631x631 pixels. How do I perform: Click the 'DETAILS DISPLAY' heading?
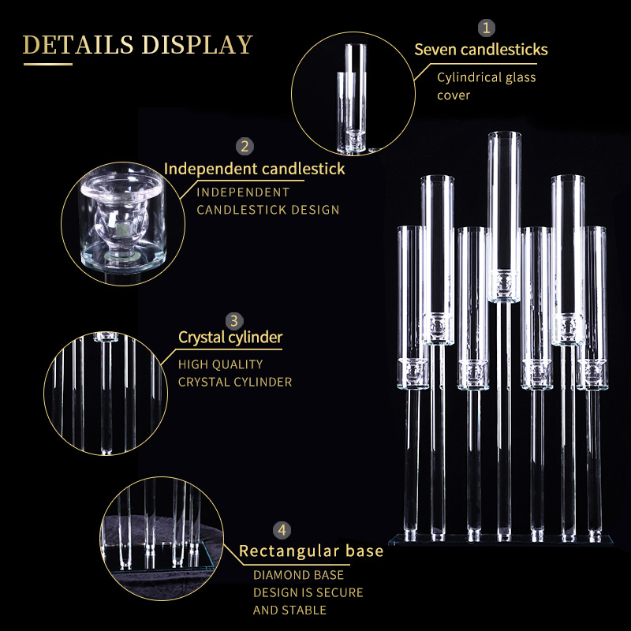138,44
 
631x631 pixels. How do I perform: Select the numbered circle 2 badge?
245,146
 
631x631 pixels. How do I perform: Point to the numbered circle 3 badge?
233,320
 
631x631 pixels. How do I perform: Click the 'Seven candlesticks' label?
481,50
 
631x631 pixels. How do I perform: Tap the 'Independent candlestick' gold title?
254,169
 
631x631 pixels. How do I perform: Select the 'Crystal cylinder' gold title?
230,338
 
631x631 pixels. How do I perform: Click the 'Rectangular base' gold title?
311,551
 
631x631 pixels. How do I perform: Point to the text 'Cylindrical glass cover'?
486,86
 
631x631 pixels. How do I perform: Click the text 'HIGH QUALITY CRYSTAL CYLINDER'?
234,373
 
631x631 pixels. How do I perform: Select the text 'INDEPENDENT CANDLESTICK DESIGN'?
267,200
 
